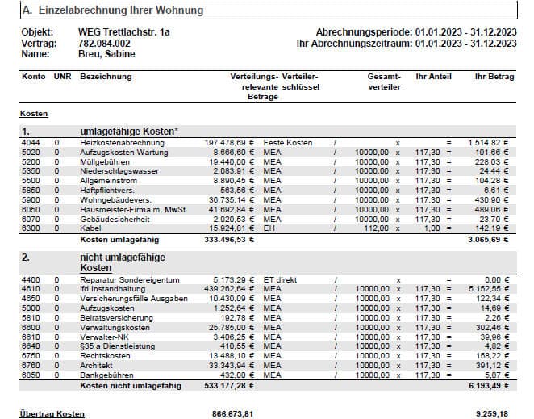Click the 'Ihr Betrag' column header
pyautogui.click(x=494, y=76)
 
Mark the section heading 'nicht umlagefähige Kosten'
pyautogui.click(x=122, y=262)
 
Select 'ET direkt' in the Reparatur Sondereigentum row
pyautogui.click(x=282, y=279)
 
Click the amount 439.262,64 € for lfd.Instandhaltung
pyautogui.click(x=230, y=288)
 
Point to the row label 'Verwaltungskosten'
pyautogui.click(x=117, y=327)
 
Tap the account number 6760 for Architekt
pyautogui.click(x=31, y=365)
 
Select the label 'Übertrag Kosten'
pyautogui.click(x=52, y=413)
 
